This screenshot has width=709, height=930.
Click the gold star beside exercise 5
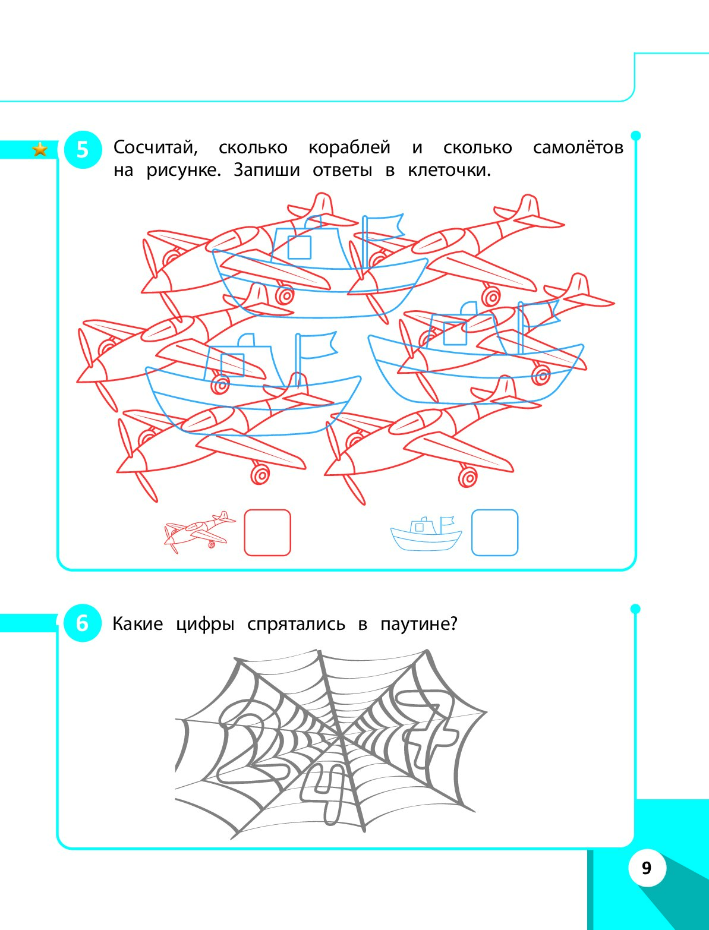40,150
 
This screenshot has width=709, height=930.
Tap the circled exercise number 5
83,150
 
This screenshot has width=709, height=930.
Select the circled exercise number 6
83,623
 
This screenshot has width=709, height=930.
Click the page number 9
647,868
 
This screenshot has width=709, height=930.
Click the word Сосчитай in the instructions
156,148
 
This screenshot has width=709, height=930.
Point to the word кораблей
349,148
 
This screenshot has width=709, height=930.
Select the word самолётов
578,148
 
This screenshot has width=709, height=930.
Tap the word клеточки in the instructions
449,171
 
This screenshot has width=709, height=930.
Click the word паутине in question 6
419,624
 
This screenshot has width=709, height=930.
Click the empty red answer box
267,532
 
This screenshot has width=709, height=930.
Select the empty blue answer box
494,532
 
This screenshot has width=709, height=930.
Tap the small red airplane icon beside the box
199,531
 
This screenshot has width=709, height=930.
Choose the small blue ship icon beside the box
426,534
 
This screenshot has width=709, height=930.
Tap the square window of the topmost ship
300,247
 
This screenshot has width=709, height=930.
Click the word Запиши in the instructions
267,171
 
